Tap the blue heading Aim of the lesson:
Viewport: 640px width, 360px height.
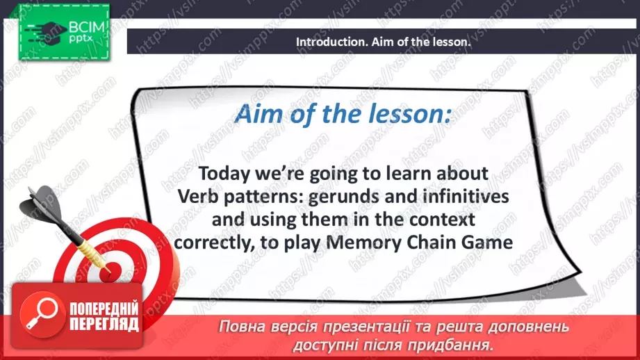point(343,113)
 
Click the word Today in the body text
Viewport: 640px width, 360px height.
point(224,174)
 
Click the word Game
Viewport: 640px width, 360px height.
point(487,243)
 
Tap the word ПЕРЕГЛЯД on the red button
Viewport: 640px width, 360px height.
point(104,325)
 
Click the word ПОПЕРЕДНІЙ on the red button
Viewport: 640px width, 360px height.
point(104,308)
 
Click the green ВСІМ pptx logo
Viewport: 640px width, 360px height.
point(64,33)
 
